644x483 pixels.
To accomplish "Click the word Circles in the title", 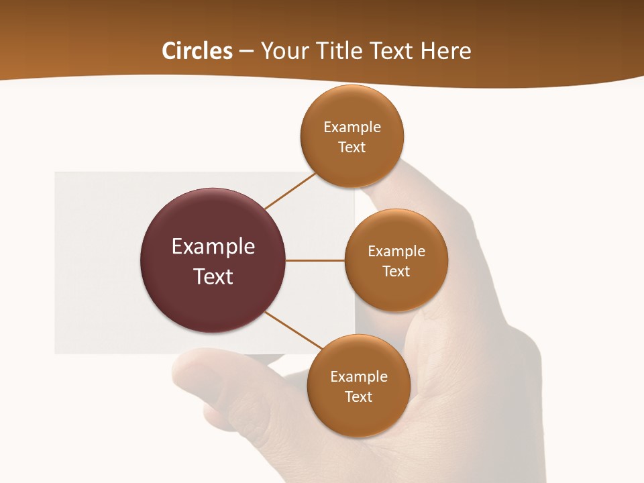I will point(197,51).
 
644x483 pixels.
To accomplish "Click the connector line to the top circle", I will point(290,191).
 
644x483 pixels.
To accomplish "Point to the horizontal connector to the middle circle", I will point(315,260).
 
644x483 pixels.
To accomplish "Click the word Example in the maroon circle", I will point(213,247).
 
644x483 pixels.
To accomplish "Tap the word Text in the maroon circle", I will point(213,276).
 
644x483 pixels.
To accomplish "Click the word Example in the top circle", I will point(352,127).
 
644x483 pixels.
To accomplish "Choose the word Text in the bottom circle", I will point(358,396).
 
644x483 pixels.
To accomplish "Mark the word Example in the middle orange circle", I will point(396,252).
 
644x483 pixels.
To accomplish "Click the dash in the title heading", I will point(246,52).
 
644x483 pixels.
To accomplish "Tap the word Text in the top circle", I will point(352,147).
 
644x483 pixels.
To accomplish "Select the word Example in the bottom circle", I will point(358,377).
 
